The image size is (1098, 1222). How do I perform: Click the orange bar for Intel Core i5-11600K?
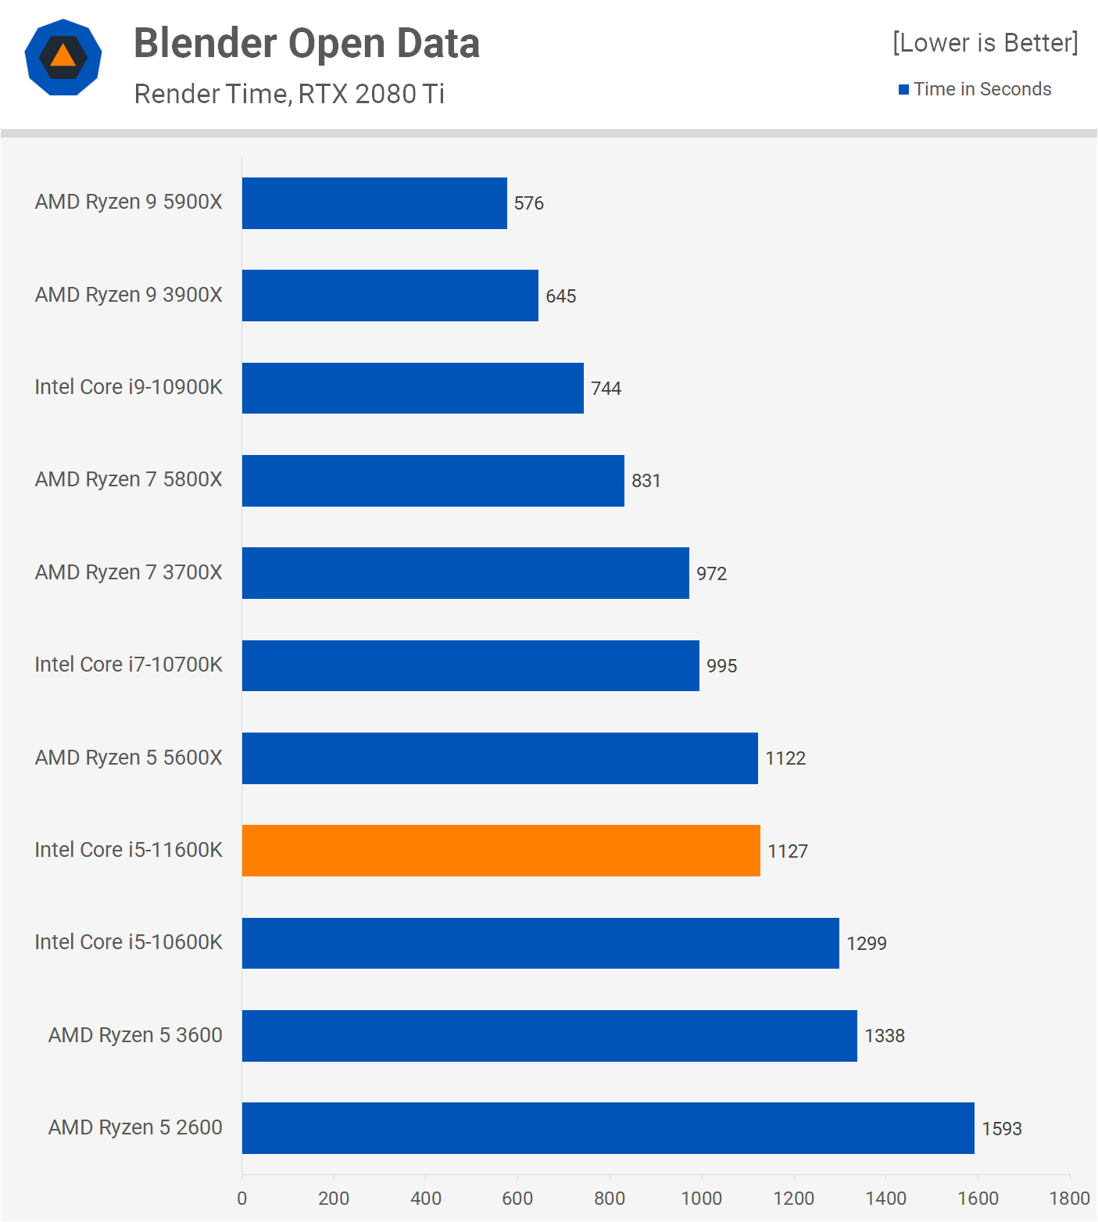click(501, 851)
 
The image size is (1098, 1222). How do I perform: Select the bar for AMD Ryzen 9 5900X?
click(374, 203)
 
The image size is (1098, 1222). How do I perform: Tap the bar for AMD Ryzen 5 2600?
click(608, 1128)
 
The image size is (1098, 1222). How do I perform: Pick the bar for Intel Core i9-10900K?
click(413, 388)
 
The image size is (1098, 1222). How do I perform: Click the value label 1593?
click(1002, 1129)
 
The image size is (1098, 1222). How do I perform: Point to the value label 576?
click(529, 203)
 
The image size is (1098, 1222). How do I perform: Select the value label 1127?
click(788, 851)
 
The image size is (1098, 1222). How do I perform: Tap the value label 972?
click(712, 574)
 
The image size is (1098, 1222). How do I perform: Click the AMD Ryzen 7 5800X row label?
click(129, 479)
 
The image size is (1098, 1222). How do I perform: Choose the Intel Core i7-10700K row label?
click(129, 665)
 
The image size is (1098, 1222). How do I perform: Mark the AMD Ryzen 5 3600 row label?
click(135, 1035)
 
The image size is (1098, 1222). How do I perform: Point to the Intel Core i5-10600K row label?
click(129, 942)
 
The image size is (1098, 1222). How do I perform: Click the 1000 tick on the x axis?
click(702, 1199)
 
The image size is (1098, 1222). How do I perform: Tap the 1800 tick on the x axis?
click(1069, 1199)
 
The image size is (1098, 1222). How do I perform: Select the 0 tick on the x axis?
click(242, 1199)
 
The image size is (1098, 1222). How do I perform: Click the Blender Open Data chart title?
click(306, 43)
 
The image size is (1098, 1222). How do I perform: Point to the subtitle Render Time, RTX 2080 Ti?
click(289, 94)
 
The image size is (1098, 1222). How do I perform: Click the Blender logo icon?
click(63, 57)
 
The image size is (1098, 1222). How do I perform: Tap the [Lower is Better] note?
click(985, 42)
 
